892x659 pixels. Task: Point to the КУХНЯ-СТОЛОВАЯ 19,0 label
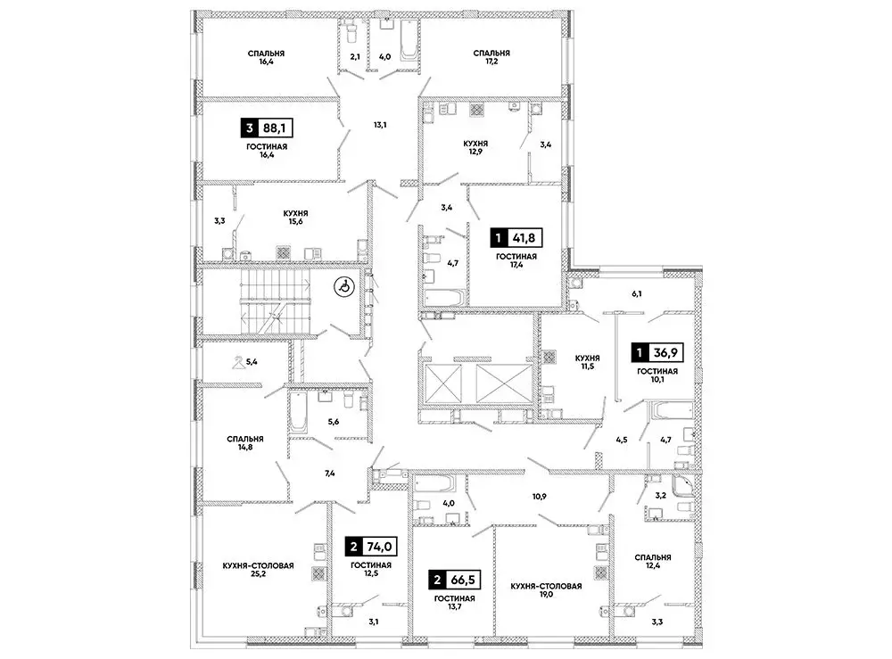[x=546, y=591]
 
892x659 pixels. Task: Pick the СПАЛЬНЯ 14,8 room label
[x=244, y=444]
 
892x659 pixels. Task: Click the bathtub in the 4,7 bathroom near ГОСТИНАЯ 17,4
[x=443, y=298]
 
